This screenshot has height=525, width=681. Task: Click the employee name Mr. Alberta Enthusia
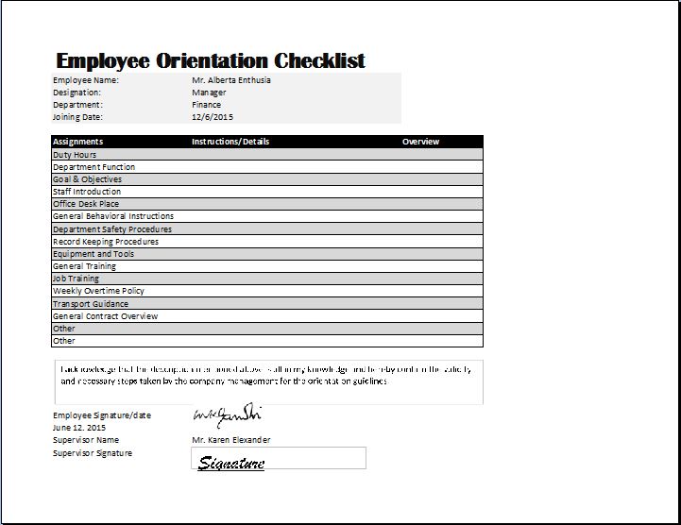coord(230,80)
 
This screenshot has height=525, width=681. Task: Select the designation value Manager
coord(209,93)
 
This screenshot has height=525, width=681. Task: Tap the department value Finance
coord(206,105)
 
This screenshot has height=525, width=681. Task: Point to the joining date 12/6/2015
coord(212,117)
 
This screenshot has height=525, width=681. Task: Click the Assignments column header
coord(77,142)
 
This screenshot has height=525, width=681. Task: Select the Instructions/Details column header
coord(230,142)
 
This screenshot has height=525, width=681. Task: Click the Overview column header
coord(420,142)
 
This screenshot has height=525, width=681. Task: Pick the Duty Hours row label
coord(75,155)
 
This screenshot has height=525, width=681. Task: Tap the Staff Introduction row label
coord(87,192)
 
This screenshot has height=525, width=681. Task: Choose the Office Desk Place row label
coord(86,204)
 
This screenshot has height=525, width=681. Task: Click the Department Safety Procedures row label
coord(112,229)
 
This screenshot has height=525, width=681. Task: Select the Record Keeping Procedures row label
coord(106,242)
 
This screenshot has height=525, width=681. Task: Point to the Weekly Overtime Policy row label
coord(98,291)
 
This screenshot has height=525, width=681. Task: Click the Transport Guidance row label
coord(91,304)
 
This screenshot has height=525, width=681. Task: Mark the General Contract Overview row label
coord(105,316)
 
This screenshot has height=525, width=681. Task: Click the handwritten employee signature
coord(227,415)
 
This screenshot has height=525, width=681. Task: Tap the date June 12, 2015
coord(79,428)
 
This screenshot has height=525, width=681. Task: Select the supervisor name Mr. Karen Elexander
coord(230,440)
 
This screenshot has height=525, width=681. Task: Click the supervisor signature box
coord(279,459)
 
